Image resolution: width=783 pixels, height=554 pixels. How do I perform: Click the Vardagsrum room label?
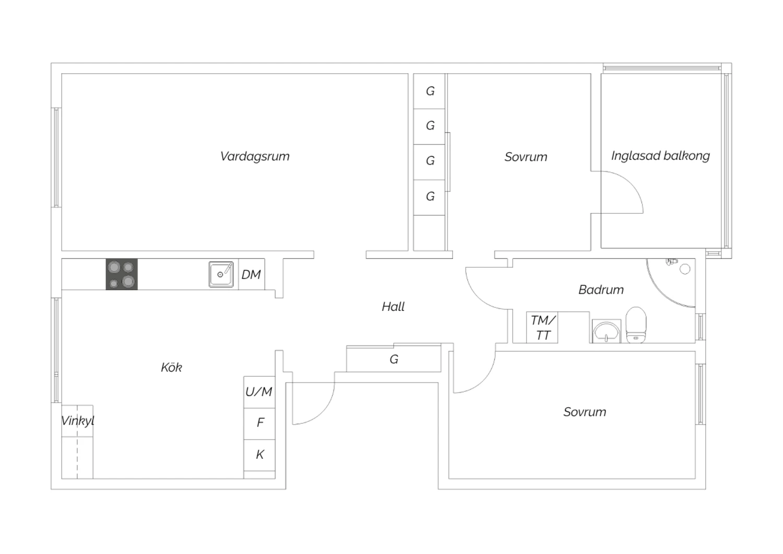click(255, 156)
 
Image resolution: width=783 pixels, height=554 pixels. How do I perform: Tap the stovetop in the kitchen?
click(122, 274)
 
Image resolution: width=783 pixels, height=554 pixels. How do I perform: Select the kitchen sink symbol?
click(221, 274)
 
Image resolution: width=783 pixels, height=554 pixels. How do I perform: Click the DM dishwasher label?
click(251, 274)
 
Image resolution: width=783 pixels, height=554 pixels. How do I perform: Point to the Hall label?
click(393, 307)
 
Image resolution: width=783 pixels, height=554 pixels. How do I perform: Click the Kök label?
click(171, 367)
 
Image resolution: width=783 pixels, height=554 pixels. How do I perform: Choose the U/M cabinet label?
click(259, 391)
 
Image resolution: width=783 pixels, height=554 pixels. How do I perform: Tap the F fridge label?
click(260, 422)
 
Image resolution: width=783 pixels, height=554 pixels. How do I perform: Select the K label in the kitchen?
click(259, 455)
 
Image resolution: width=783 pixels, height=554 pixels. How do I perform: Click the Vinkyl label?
click(77, 421)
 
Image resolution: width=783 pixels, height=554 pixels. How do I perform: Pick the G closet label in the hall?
click(394, 360)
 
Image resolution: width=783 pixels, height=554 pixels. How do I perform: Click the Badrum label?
click(601, 290)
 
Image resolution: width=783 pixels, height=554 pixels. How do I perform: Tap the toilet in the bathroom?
click(636, 325)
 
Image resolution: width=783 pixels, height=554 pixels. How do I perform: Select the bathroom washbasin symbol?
click(606, 331)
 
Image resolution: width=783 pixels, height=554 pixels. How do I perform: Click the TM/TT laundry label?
click(543, 328)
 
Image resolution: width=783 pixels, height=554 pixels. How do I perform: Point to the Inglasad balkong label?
click(660, 156)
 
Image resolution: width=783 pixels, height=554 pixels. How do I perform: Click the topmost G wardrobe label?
click(430, 91)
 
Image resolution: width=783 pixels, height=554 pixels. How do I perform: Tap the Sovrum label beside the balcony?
click(526, 157)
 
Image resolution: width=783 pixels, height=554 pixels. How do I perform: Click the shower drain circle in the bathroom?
click(685, 269)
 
